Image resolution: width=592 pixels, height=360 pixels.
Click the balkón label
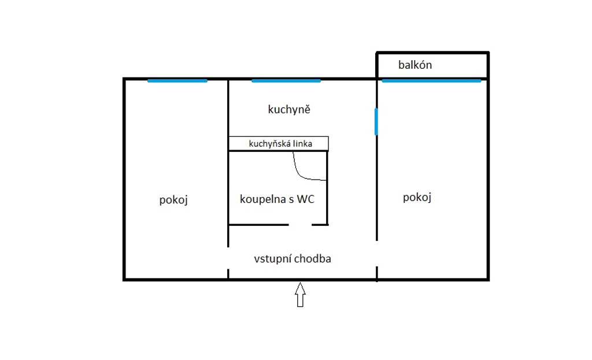(415, 65)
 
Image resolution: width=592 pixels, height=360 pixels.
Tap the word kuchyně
(289, 109)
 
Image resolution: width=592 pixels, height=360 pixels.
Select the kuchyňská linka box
(279, 143)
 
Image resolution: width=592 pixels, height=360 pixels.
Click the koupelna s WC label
(277, 199)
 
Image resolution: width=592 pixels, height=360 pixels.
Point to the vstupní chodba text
(293, 258)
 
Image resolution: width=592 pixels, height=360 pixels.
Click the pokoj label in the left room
(173, 199)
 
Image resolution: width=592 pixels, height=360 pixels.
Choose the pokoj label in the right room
(417, 197)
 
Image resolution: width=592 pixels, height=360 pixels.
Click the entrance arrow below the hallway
(300, 295)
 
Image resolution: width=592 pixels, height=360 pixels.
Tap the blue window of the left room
(177, 81)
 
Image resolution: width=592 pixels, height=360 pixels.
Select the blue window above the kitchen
(286, 81)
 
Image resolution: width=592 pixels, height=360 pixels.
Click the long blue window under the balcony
(431, 81)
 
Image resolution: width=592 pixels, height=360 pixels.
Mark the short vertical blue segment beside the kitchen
(376, 121)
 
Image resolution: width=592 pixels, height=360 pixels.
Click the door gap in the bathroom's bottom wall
(301, 225)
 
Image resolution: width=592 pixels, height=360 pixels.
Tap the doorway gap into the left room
(228, 258)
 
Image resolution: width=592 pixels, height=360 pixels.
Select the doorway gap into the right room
(377, 254)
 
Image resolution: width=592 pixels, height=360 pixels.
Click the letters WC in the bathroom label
(305, 199)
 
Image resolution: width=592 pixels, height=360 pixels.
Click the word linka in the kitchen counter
(303, 143)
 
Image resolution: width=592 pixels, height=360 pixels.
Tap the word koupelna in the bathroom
(262, 199)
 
